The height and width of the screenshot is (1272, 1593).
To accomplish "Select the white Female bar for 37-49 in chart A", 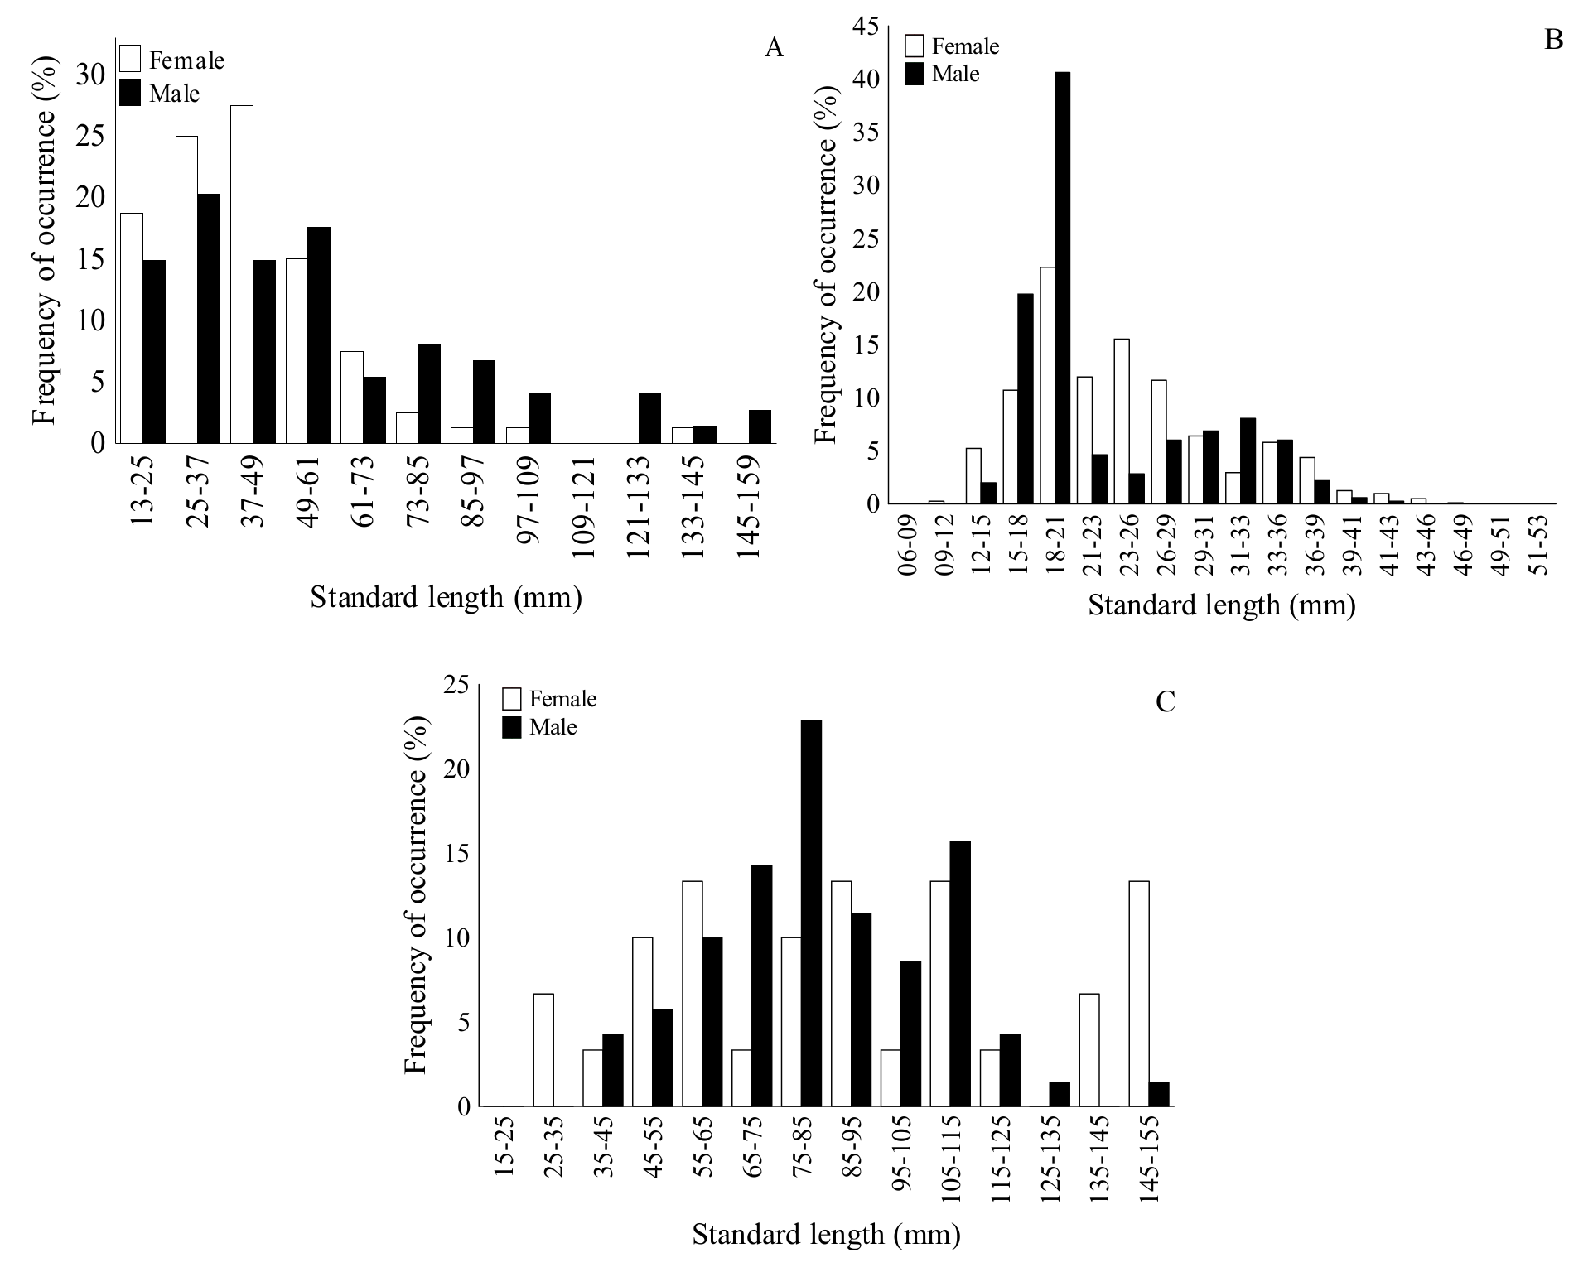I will (242, 274).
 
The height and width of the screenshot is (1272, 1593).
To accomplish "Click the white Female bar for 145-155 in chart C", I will (1139, 994).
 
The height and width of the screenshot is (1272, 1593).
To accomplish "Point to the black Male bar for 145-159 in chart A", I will (760, 426).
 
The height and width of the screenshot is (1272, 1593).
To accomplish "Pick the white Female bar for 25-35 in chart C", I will (543, 1050).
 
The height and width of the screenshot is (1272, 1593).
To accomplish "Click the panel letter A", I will (774, 48).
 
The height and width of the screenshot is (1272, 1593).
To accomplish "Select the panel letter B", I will (1553, 39).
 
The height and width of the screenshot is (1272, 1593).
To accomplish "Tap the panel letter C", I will (1165, 702).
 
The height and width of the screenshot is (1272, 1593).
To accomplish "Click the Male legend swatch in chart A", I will (130, 93).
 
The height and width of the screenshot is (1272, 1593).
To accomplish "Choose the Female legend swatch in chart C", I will (512, 699).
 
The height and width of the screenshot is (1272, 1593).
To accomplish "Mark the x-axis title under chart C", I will (826, 1235).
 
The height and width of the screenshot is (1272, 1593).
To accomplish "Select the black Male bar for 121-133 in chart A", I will (650, 418).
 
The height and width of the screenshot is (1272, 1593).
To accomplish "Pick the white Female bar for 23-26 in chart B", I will (1122, 421).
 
